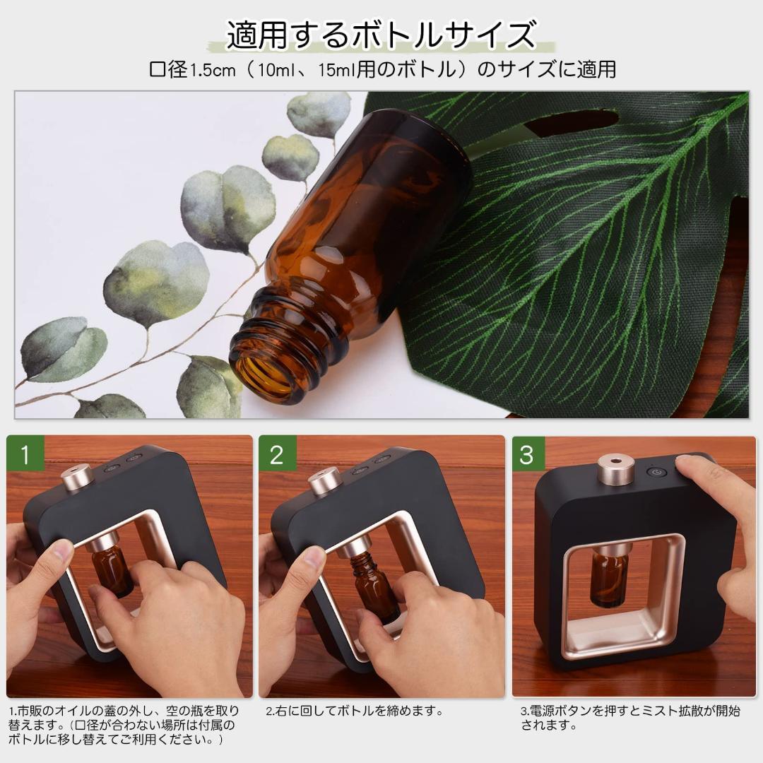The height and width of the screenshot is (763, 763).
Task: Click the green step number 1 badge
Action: (25, 454)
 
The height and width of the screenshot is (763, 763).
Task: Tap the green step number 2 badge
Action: (276, 454)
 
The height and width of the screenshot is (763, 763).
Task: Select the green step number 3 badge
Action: (527, 454)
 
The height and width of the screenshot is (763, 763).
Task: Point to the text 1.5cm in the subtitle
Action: (213, 70)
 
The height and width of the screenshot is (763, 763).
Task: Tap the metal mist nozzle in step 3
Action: (615, 469)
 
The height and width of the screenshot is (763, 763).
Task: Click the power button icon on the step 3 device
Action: (656, 474)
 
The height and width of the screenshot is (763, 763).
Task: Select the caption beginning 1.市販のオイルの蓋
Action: (124, 725)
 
